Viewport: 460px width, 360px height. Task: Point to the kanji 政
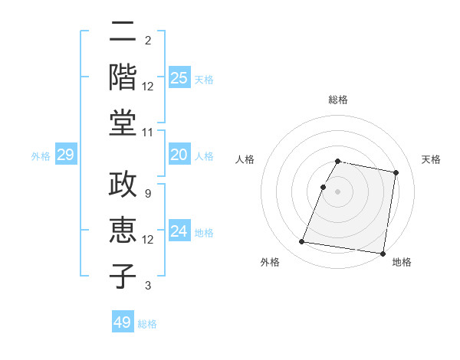click(123, 186)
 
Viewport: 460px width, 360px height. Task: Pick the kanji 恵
click(123, 231)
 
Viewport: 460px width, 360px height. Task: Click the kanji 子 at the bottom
click(123, 275)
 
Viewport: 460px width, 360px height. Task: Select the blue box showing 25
click(179, 78)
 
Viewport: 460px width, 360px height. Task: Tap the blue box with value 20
click(179, 155)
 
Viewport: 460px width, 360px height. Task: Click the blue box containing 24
click(179, 231)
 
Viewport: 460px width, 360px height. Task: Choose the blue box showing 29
click(65, 155)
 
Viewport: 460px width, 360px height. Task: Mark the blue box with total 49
click(123, 322)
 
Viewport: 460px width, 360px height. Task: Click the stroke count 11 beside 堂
click(148, 132)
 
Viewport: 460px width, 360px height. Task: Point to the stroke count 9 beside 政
click(148, 194)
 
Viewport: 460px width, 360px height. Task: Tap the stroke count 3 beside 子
click(148, 286)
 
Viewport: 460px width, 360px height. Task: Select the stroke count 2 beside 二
click(148, 40)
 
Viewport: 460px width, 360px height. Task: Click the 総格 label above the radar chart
click(338, 100)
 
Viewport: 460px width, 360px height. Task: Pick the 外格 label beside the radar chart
click(270, 262)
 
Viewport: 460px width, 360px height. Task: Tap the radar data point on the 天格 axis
click(396, 173)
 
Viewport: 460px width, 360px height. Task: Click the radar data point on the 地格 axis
click(382, 253)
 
